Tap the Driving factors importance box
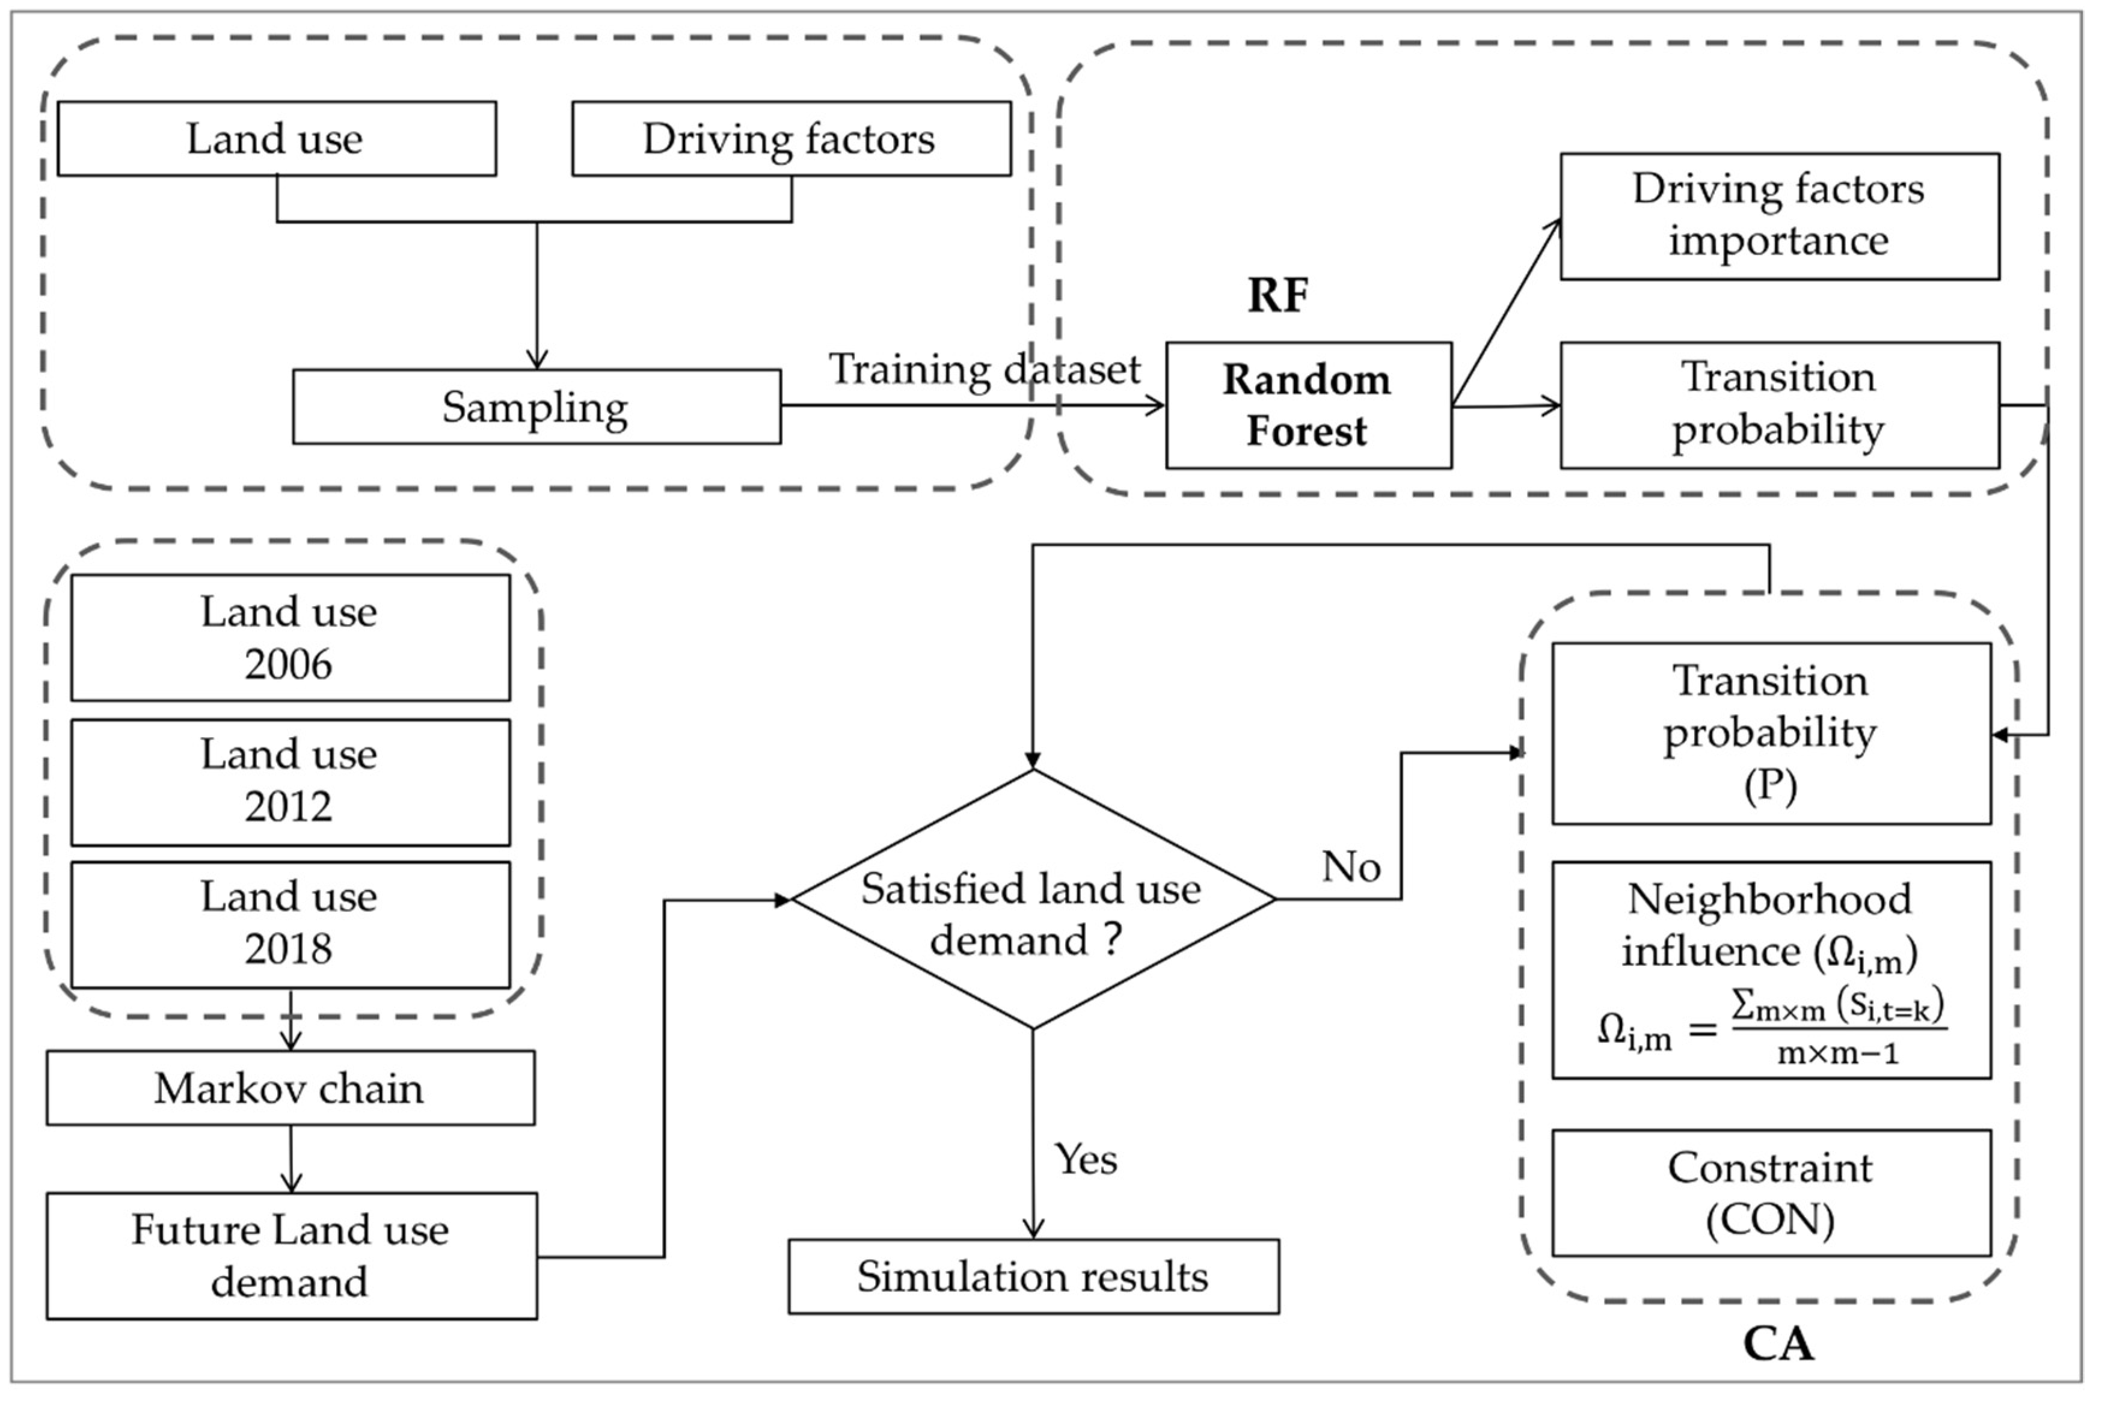point(1778,216)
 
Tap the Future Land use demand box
point(291,1255)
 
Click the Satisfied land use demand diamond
point(1033,900)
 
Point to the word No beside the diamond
point(1350,866)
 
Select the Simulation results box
point(1033,1277)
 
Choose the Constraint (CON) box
point(1771,1193)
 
